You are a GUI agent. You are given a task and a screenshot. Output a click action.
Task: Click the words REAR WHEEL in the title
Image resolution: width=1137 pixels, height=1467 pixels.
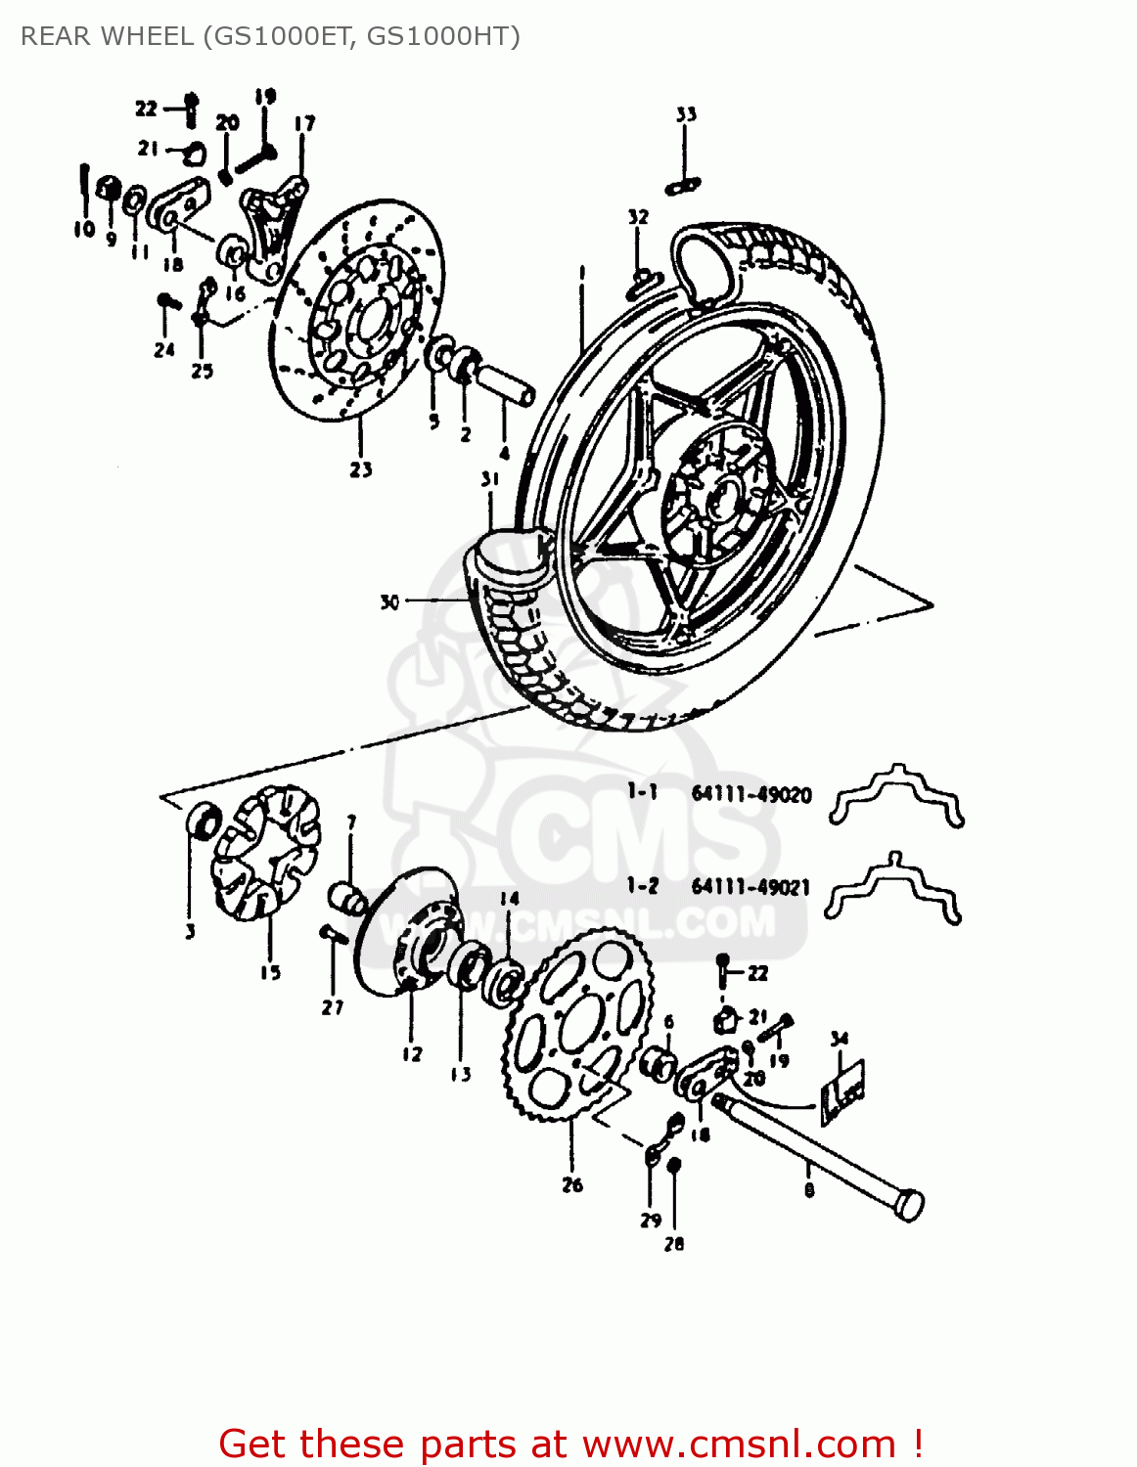point(107,36)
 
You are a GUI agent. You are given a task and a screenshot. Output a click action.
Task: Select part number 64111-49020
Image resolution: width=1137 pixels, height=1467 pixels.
point(750,794)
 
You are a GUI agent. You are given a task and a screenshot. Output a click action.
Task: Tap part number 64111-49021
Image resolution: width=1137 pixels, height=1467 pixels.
point(750,887)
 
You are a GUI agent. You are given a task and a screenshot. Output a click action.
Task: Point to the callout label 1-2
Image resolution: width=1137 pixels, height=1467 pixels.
point(643,886)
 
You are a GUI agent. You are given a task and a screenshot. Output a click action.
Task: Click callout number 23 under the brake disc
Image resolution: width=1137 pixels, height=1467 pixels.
point(361,469)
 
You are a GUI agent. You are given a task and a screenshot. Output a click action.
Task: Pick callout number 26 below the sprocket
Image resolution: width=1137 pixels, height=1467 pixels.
point(572,1184)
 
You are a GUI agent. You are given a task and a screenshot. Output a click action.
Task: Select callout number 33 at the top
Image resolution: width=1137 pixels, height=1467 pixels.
point(686,114)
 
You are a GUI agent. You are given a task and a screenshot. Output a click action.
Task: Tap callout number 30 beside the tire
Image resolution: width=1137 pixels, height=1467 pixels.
point(389,602)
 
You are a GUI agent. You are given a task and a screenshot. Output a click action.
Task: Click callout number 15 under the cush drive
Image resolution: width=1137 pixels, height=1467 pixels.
point(270,972)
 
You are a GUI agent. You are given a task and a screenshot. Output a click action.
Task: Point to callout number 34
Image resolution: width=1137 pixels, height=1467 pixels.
point(839,1039)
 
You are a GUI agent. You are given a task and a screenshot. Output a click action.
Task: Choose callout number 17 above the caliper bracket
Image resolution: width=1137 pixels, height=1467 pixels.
point(304,123)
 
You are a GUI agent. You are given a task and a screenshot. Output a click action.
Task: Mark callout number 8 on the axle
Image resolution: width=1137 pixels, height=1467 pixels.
point(808,1189)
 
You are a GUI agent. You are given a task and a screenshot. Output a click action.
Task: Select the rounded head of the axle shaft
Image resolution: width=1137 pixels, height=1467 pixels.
point(909,1205)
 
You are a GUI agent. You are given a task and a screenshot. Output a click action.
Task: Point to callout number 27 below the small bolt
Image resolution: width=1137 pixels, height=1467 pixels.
point(333,1006)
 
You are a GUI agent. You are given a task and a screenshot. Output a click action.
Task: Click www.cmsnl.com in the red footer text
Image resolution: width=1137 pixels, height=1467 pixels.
point(739,1444)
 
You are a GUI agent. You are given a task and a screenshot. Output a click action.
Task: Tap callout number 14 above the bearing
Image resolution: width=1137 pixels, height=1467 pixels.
point(510,899)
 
